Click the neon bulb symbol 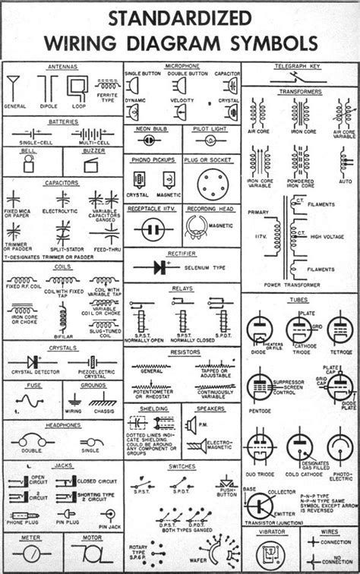click(x=152, y=140)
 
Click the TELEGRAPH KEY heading click(x=301, y=68)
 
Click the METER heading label click(x=31, y=537)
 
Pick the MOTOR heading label click(x=93, y=537)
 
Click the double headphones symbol click(x=32, y=440)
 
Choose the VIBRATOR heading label click(x=271, y=532)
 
